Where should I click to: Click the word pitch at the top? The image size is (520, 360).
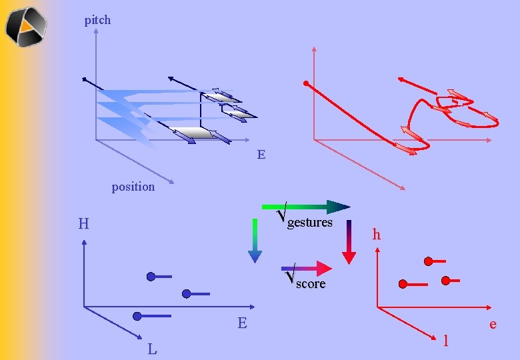point(97,20)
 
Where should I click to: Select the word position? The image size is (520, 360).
point(133,187)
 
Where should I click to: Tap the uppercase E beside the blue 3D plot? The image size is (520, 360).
point(261,155)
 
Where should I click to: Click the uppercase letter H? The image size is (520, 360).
point(83,224)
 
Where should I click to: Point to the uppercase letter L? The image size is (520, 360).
point(153,349)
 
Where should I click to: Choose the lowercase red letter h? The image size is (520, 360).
point(377,235)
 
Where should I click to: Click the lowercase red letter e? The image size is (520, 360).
point(493,325)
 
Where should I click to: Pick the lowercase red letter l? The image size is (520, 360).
point(445,341)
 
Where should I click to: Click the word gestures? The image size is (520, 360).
point(309,223)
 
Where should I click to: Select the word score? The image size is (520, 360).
point(311,284)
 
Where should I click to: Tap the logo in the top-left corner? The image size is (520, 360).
point(27,27)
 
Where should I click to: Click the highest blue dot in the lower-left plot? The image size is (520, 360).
point(151,276)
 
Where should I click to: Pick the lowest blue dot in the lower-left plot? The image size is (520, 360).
point(137,315)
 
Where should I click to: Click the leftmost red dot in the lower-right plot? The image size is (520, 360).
point(403,284)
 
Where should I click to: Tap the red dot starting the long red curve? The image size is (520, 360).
point(305,84)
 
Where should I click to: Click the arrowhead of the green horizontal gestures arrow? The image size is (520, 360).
point(339,207)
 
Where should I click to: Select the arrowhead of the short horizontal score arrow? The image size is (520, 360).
point(324,268)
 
